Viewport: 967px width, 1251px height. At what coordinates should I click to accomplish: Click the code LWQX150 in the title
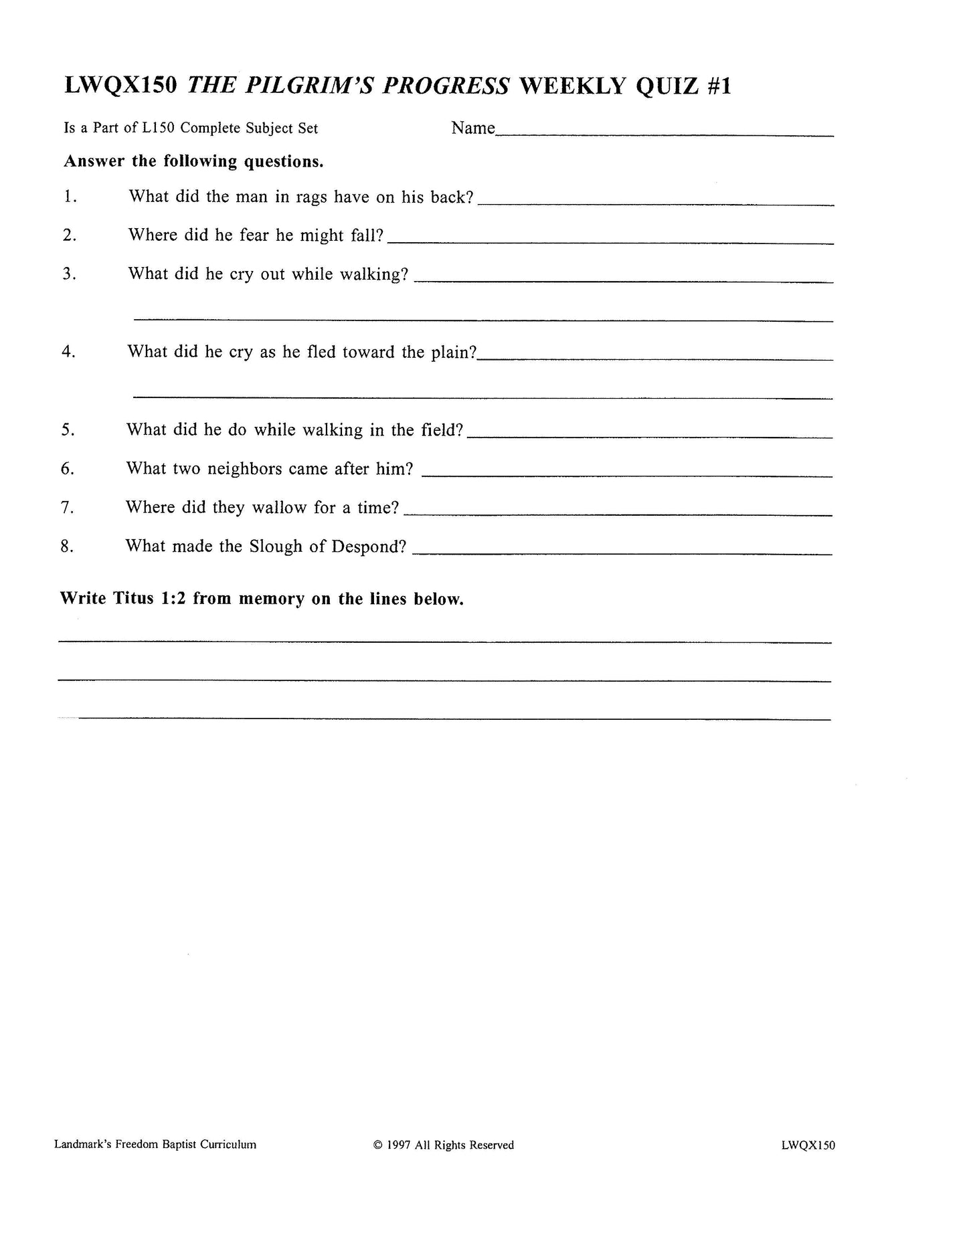pos(120,86)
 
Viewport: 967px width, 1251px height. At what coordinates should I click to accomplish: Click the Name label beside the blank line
pos(472,128)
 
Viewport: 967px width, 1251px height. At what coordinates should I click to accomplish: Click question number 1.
pos(70,197)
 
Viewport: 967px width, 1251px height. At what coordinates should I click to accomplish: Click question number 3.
pos(69,274)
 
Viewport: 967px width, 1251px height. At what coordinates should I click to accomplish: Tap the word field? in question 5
pos(442,430)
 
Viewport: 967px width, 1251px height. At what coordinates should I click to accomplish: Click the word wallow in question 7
pos(279,508)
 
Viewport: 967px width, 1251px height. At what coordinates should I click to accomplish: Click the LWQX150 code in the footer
pos(807,1145)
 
